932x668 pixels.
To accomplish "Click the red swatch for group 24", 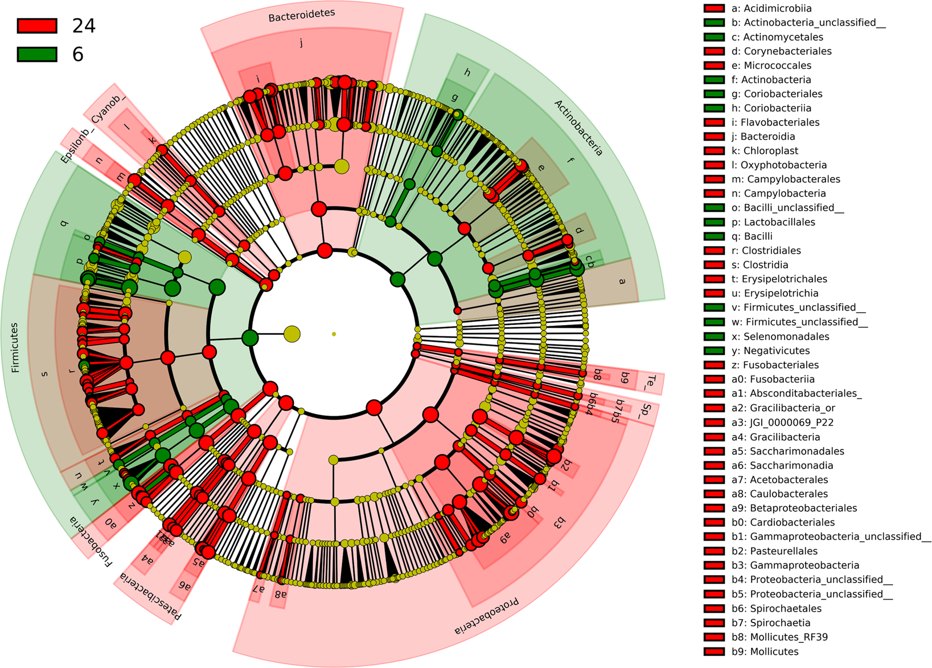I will tap(37, 26).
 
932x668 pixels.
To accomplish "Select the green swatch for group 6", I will tap(37, 54).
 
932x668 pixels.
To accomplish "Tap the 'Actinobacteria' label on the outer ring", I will tap(578, 128).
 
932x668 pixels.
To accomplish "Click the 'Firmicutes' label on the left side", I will tap(15, 347).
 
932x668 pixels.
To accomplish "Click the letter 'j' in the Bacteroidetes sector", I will tap(301, 42).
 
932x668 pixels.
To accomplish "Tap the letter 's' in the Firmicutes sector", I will tap(44, 374).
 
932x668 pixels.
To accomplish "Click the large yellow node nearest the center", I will tap(292, 334).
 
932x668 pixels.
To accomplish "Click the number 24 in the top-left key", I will tap(83, 26).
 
